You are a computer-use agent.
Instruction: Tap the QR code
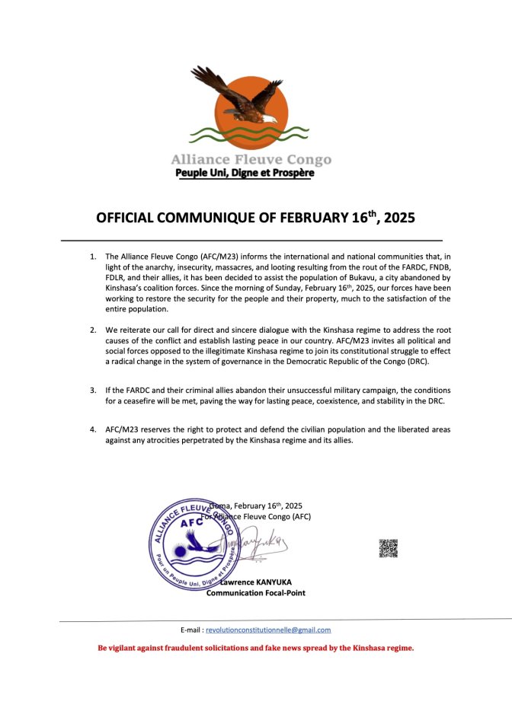point(389,548)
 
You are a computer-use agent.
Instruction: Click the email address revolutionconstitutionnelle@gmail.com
point(268,630)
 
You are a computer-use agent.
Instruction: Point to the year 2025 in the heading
point(400,218)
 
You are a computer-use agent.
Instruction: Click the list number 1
point(93,257)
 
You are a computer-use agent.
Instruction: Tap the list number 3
point(93,390)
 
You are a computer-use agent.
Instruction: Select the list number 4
point(93,429)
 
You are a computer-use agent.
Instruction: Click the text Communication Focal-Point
point(256,593)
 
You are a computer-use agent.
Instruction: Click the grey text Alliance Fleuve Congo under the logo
point(251,160)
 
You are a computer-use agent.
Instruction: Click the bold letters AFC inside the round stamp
point(192,523)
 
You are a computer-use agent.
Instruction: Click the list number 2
point(93,330)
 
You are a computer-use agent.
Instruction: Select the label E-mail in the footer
point(190,630)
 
